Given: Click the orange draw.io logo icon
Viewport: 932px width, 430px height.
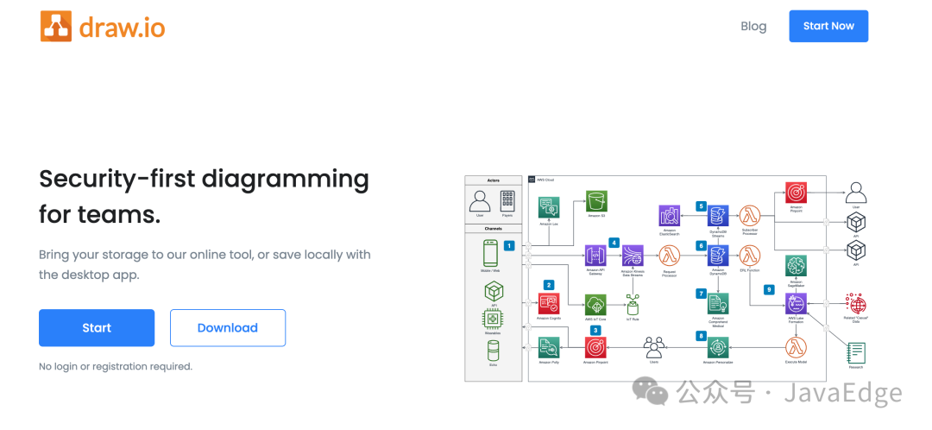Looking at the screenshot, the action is click(55, 26).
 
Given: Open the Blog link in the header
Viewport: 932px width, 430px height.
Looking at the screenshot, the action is click(753, 26).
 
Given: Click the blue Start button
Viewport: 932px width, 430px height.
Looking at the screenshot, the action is click(97, 328).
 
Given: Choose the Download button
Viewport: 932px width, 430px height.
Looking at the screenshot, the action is click(228, 328).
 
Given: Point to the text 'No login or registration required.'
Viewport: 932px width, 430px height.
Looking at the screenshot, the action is click(116, 366).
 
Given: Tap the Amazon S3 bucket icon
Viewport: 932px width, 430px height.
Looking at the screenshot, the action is click(597, 201).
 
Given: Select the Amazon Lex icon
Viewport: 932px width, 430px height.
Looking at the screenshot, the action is click(549, 207).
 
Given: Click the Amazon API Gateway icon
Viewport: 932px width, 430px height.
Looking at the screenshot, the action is click(595, 256).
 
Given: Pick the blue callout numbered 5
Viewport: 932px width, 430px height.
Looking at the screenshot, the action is click(701, 206).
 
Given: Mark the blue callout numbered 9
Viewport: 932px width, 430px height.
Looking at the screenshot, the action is click(769, 289).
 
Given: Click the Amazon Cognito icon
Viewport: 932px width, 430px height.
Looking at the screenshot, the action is click(549, 303).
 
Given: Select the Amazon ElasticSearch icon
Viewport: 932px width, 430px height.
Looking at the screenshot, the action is click(670, 216).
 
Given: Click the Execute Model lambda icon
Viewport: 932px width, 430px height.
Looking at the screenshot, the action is click(796, 347).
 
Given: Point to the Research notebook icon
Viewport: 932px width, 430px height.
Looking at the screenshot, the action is click(857, 352).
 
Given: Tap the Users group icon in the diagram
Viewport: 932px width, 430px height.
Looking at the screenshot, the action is click(653, 348).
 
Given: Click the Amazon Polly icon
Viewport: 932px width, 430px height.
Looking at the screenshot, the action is click(549, 347).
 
